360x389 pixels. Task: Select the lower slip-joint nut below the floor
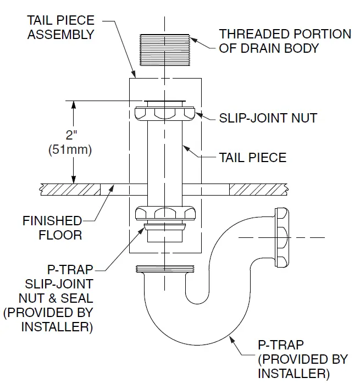[x=164, y=214]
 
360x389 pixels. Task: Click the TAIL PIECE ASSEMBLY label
[x=61, y=27]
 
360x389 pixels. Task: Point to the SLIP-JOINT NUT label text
[x=268, y=118]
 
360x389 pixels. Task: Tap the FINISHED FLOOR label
[x=52, y=228]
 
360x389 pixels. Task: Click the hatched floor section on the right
[x=258, y=188]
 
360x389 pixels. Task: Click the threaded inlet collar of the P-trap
[x=164, y=270]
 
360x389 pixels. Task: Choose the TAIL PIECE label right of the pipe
[x=252, y=158]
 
